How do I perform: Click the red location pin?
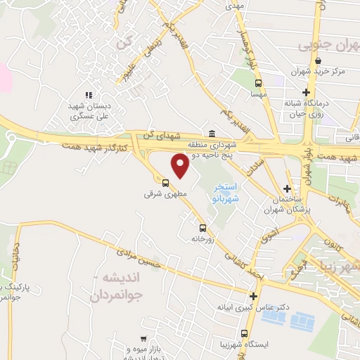pyautogui.click(x=180, y=165)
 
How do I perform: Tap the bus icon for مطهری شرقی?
pyautogui.click(x=166, y=183)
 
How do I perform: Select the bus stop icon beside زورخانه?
pyautogui.click(x=202, y=228)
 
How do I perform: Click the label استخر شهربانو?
pyautogui.click(x=226, y=193)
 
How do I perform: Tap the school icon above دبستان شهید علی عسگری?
pyautogui.click(x=89, y=95)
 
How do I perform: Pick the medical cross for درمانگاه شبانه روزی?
pyautogui.click(x=306, y=92)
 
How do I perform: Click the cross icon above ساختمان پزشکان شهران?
pyautogui.click(x=286, y=188)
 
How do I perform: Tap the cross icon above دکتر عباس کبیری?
pyautogui.click(x=253, y=295)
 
